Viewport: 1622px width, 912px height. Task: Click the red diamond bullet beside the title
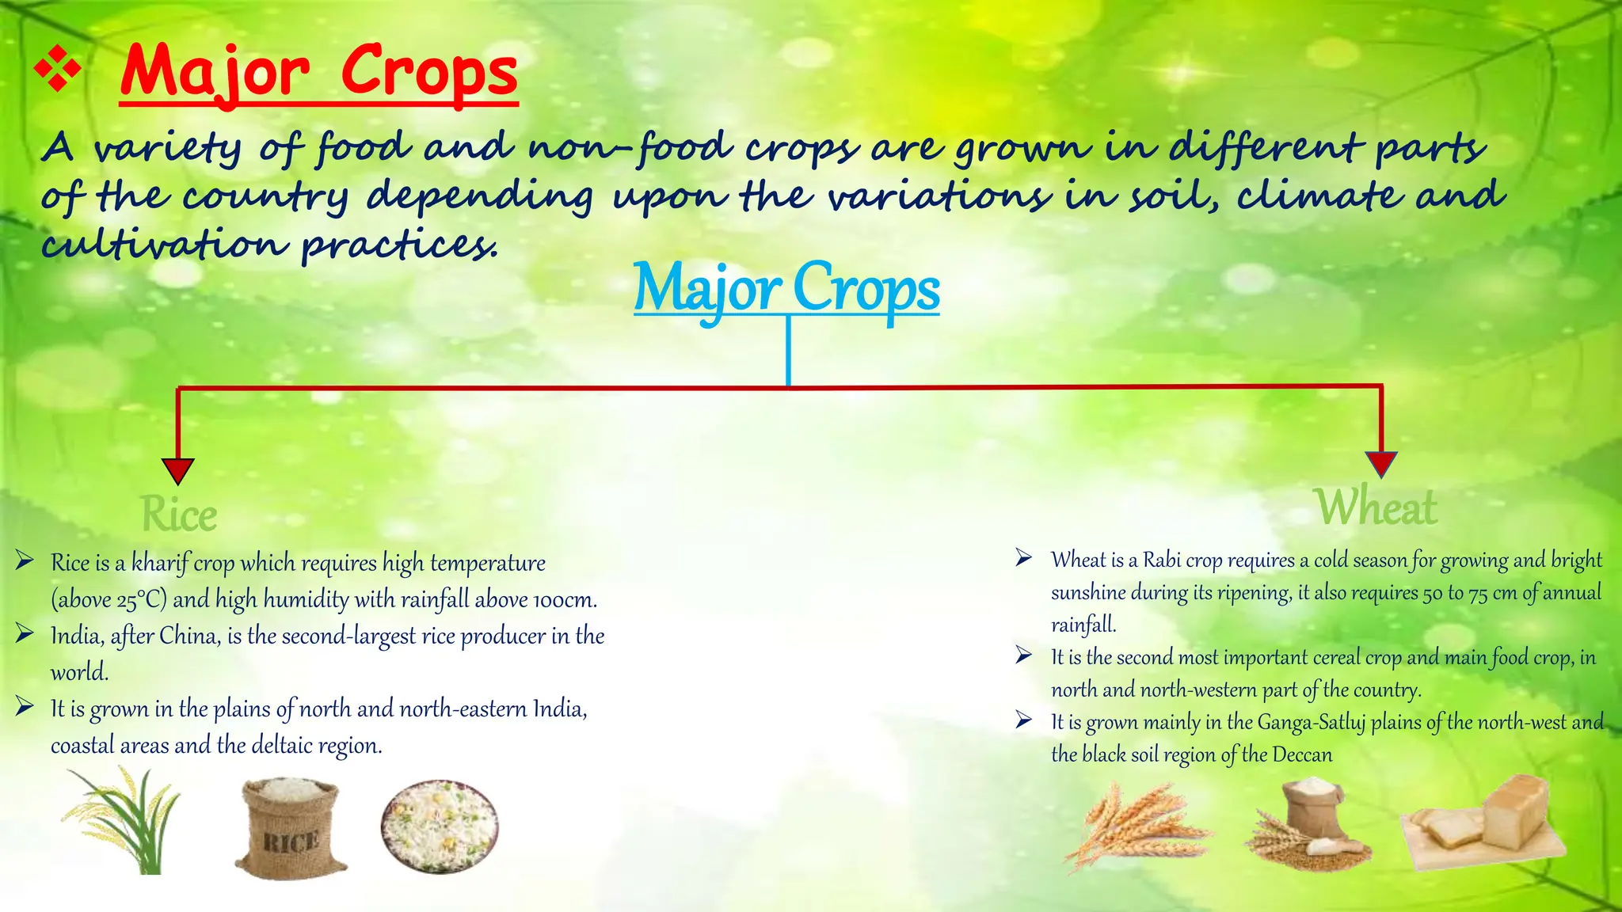(x=58, y=69)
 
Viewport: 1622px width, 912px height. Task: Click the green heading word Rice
(x=179, y=515)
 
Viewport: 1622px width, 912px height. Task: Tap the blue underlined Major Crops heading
(x=786, y=288)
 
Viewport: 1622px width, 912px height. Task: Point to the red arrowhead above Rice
(x=177, y=470)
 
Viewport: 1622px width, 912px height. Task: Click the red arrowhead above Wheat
(x=1381, y=464)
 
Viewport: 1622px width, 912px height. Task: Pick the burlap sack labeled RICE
(x=291, y=827)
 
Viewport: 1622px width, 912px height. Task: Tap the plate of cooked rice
(x=440, y=826)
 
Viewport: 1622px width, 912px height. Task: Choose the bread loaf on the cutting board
(x=1485, y=823)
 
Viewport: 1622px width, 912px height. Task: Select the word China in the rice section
(x=189, y=636)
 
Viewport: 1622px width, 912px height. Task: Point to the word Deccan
(x=1302, y=755)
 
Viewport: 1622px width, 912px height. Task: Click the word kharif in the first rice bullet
(x=160, y=563)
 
